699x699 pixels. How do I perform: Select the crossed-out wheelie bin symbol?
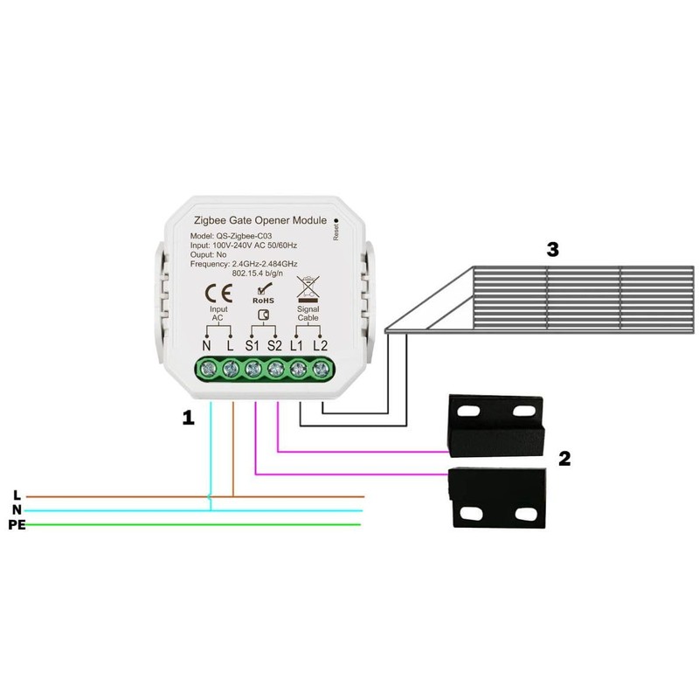pos(308,289)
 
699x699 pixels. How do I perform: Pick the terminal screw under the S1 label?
pos(253,370)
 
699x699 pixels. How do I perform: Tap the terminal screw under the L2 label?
pos(320,370)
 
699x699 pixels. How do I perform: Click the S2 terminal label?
pos(274,345)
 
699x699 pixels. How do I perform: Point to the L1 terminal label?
pos(297,345)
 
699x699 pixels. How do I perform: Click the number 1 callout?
pos(188,419)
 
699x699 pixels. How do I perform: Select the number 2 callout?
pos(564,458)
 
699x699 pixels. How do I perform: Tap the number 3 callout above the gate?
pos(552,250)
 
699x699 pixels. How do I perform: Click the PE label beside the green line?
pos(17,525)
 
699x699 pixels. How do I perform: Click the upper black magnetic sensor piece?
pos(495,423)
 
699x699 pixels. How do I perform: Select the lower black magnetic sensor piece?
pos(495,499)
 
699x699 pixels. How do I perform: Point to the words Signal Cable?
pos(308,314)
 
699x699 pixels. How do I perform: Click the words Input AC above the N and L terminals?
pos(218,314)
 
